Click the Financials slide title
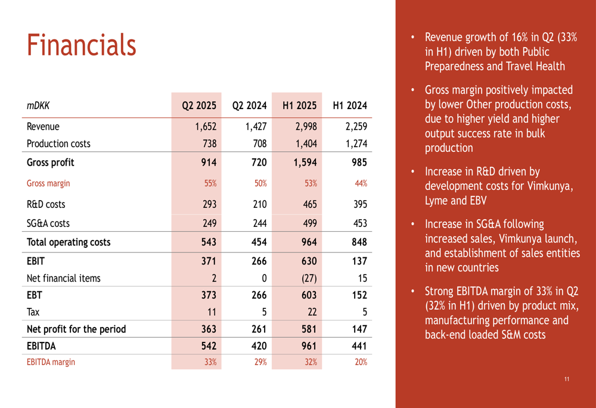(x=81, y=45)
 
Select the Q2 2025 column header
(x=199, y=105)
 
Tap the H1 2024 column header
(x=350, y=105)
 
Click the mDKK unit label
(x=38, y=105)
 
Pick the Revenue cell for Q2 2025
(x=206, y=126)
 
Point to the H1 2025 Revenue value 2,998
(x=306, y=126)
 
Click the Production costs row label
(x=58, y=144)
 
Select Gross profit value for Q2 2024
(x=259, y=162)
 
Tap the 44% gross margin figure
(x=361, y=183)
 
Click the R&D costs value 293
(x=209, y=204)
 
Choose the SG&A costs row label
(x=48, y=223)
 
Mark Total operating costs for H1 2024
(x=359, y=242)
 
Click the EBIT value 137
(x=359, y=261)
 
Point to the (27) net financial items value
(x=309, y=278)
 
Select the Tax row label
(x=33, y=312)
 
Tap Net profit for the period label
(x=76, y=329)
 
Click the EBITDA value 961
(x=309, y=345)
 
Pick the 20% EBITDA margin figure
(x=361, y=362)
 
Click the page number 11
(x=567, y=379)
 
